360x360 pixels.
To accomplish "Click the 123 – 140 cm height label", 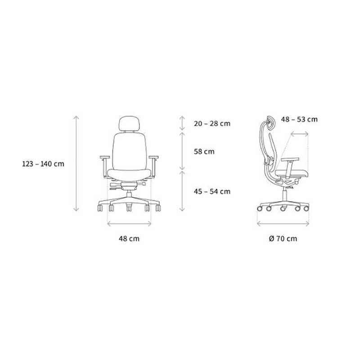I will [x=43, y=164].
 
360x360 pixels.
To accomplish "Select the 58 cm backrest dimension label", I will [x=203, y=152].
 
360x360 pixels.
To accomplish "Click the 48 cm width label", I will [x=129, y=238].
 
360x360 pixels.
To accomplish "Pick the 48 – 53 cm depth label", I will [x=299, y=119].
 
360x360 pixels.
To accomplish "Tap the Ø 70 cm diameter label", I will [x=283, y=238].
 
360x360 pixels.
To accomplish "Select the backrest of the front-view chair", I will [x=129, y=148].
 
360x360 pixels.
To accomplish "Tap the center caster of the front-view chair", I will [x=129, y=209].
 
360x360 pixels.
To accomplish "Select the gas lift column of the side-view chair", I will [x=284, y=193].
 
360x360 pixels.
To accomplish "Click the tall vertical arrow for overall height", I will [x=76, y=164].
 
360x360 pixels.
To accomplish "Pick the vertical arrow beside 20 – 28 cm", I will [x=182, y=123].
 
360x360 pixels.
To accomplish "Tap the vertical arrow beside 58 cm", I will [x=182, y=151].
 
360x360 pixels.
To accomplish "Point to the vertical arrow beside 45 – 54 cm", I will [x=182, y=191].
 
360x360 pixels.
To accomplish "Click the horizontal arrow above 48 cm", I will [x=129, y=222].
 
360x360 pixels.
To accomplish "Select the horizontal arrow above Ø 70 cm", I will [x=283, y=222].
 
